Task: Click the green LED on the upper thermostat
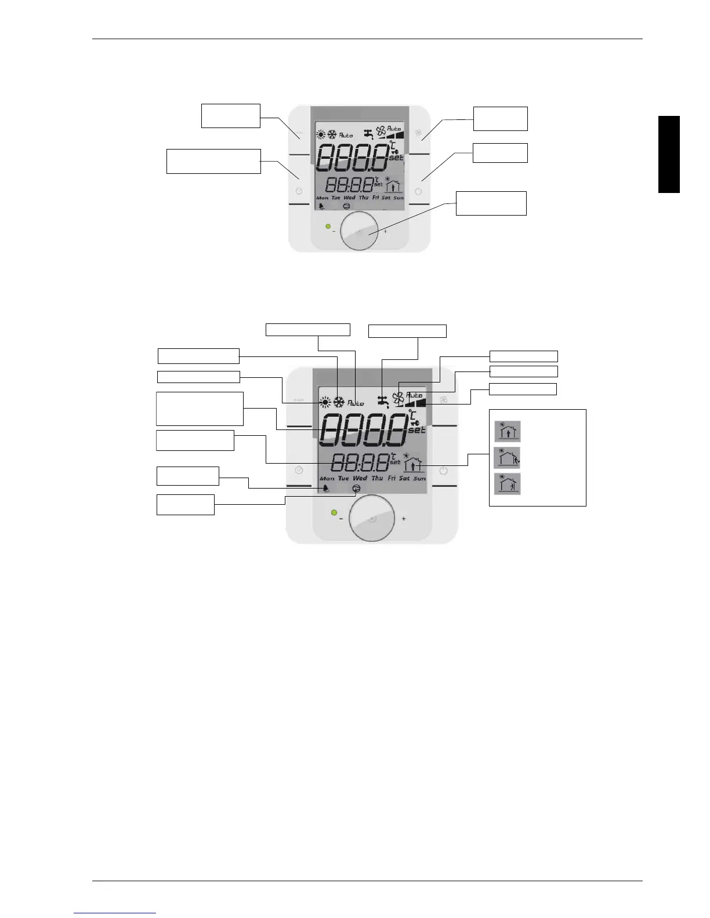(328, 227)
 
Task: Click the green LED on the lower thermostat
(334, 513)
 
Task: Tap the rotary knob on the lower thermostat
(372, 518)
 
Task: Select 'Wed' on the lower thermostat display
(360, 478)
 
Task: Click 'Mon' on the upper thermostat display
(322, 198)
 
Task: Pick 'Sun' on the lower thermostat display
(419, 478)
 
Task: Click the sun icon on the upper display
(321, 135)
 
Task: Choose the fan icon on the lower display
(398, 398)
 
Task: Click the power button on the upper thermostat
(418, 191)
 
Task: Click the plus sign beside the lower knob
(404, 519)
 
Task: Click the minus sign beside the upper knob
(334, 231)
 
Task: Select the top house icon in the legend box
(507, 431)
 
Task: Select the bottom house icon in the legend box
(507, 484)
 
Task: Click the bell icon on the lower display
(326, 489)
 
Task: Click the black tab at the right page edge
(669, 154)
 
